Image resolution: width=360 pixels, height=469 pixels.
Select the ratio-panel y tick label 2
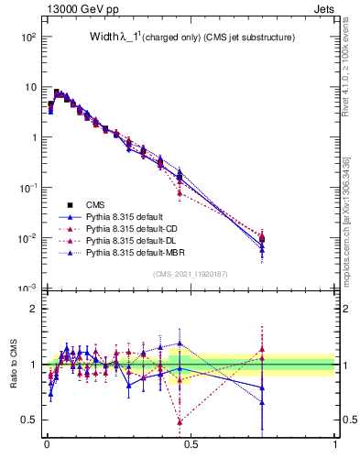tap(31, 309)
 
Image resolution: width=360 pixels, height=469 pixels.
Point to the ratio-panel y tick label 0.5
tap(27, 420)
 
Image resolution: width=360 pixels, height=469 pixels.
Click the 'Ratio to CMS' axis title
tap(13, 364)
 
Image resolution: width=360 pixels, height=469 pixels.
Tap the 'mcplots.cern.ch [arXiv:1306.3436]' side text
tap(347, 209)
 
